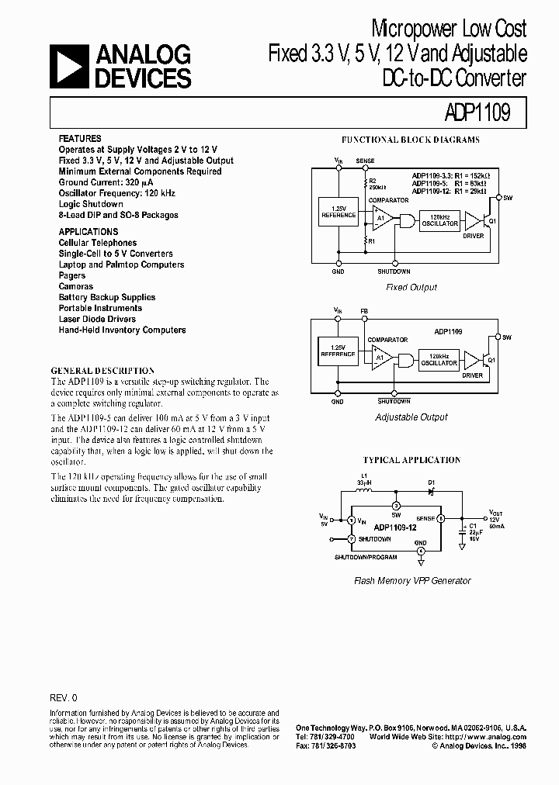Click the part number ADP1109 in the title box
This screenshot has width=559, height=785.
(x=477, y=114)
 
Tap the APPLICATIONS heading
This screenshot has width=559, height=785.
(x=89, y=232)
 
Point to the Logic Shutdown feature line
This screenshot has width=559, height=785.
(x=91, y=204)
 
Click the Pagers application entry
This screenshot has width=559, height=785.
(x=72, y=275)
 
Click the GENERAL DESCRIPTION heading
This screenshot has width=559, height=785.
(x=102, y=371)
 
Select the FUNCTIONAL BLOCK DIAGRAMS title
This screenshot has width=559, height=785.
(x=411, y=140)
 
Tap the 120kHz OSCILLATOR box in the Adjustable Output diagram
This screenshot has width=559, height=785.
(x=439, y=358)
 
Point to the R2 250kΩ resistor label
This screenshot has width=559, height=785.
(x=376, y=183)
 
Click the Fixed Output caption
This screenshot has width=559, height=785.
(x=411, y=287)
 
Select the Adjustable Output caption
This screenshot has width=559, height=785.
(x=411, y=417)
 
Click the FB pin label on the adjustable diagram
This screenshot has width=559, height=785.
(x=364, y=310)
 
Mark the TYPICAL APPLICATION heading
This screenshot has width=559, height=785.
(x=411, y=460)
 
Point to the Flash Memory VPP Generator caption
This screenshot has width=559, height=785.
(x=412, y=580)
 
